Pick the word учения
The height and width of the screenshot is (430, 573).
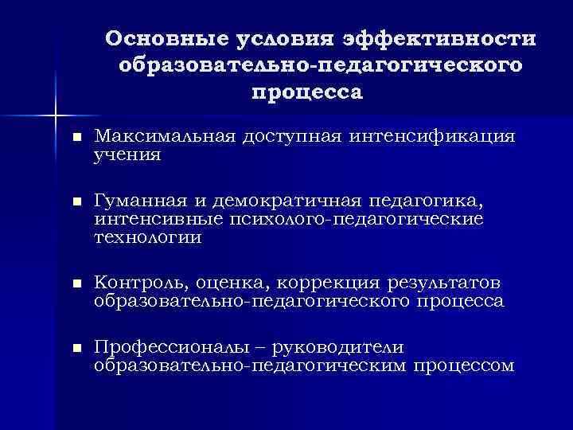click(127, 154)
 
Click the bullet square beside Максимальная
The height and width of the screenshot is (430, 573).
click(76, 139)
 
